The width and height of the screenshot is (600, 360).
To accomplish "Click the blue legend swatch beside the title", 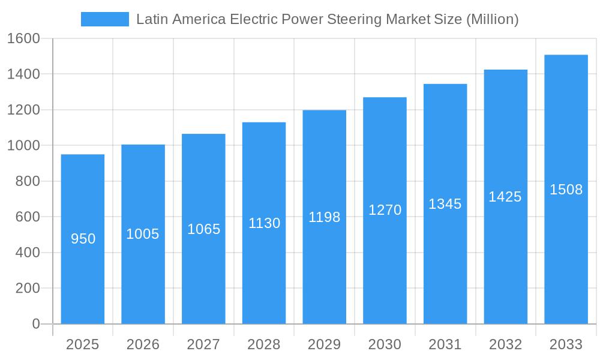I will click(x=104, y=19).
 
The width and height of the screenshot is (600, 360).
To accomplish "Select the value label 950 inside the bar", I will click(x=83, y=239).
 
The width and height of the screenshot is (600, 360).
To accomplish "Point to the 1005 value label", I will click(x=143, y=234).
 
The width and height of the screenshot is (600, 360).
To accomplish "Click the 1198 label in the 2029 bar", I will click(x=324, y=217).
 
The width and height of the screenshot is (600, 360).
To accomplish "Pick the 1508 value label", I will click(x=566, y=190).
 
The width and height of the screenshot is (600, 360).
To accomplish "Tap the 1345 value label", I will click(x=445, y=204).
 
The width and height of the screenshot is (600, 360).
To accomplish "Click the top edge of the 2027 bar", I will click(x=203, y=134).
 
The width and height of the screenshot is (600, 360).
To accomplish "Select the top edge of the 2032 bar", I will click(x=506, y=70).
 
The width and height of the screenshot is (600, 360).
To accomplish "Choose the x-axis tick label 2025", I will click(x=83, y=344).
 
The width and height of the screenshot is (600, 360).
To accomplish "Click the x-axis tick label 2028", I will click(x=264, y=344).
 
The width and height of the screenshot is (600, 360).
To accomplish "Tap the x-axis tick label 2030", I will click(x=385, y=344).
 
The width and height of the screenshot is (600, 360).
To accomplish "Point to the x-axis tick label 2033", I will click(x=566, y=344).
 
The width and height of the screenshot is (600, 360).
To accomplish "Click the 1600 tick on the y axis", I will click(x=23, y=39).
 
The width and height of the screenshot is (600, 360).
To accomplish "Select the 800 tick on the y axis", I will click(x=27, y=181).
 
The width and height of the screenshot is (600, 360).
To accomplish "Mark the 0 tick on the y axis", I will click(x=35, y=324).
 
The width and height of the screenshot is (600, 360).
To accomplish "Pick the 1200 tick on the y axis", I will click(x=23, y=110).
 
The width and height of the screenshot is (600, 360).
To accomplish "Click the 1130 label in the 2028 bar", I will click(x=264, y=223).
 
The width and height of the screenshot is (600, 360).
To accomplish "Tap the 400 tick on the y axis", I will click(x=27, y=253).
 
